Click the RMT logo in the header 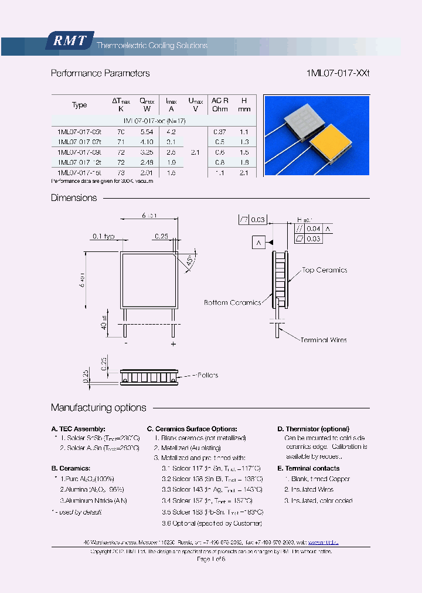[x=69, y=41]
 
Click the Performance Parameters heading [x=100, y=73]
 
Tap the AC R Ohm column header [x=220, y=104]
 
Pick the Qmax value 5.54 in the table [x=147, y=132]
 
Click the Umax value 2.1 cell [x=195, y=152]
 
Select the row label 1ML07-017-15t [x=79, y=172]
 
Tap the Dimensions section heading [x=74, y=198]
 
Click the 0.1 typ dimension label [x=103, y=236]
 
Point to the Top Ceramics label [x=324, y=270]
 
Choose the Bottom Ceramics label [x=232, y=302]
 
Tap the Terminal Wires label [x=324, y=340]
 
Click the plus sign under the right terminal [x=173, y=344]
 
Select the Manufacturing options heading [x=98, y=408]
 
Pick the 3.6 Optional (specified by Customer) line [x=212, y=523]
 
